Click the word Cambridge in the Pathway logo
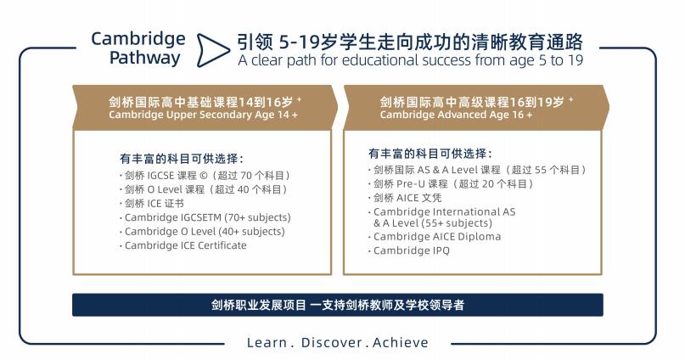(x=138, y=40)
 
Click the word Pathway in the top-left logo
(x=144, y=58)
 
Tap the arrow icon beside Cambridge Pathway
(x=213, y=50)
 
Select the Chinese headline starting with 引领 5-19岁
(x=410, y=42)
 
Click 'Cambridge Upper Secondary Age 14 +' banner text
(x=203, y=115)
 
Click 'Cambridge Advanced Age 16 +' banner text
(x=456, y=115)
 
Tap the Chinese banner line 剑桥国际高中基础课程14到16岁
(x=201, y=102)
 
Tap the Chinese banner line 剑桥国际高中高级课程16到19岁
(x=472, y=102)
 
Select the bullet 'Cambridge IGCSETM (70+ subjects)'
(x=207, y=217)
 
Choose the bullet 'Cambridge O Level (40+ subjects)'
(x=205, y=232)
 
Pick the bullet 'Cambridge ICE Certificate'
(x=186, y=245)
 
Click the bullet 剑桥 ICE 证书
(x=154, y=204)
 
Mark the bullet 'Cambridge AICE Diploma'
(x=437, y=237)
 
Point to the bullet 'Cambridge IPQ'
(x=411, y=250)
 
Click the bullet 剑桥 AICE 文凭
(x=407, y=198)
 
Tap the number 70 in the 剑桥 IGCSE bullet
(x=246, y=176)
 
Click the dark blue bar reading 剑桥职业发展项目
(x=338, y=305)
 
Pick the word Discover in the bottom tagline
(x=332, y=343)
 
